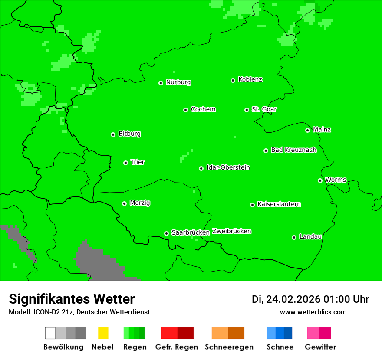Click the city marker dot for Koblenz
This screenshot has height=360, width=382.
[233, 80]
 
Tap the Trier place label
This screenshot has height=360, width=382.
[138, 162]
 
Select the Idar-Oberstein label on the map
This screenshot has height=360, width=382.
[228, 168]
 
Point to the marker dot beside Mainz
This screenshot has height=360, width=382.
[308, 130]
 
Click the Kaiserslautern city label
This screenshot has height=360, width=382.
[279, 204]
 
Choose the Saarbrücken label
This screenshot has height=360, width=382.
[191, 232]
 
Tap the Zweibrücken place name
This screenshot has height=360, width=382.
[232, 231]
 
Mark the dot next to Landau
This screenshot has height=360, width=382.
[294, 237]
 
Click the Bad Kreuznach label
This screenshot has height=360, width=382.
[293, 150]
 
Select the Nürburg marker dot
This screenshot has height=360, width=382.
[161, 83]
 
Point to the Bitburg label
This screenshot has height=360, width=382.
[129, 134]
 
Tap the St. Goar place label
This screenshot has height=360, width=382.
[264, 109]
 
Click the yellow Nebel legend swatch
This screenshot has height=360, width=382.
[103, 333]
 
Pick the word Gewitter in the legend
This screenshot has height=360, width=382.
[320, 347]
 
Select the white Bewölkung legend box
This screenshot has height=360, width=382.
[50, 333]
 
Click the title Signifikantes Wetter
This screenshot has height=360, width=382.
[72, 299]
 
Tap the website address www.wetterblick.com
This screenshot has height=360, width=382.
[313, 312]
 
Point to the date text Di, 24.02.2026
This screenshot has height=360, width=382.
[286, 299]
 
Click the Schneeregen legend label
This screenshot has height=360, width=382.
[229, 347]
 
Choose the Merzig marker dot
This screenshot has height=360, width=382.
[125, 203]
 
